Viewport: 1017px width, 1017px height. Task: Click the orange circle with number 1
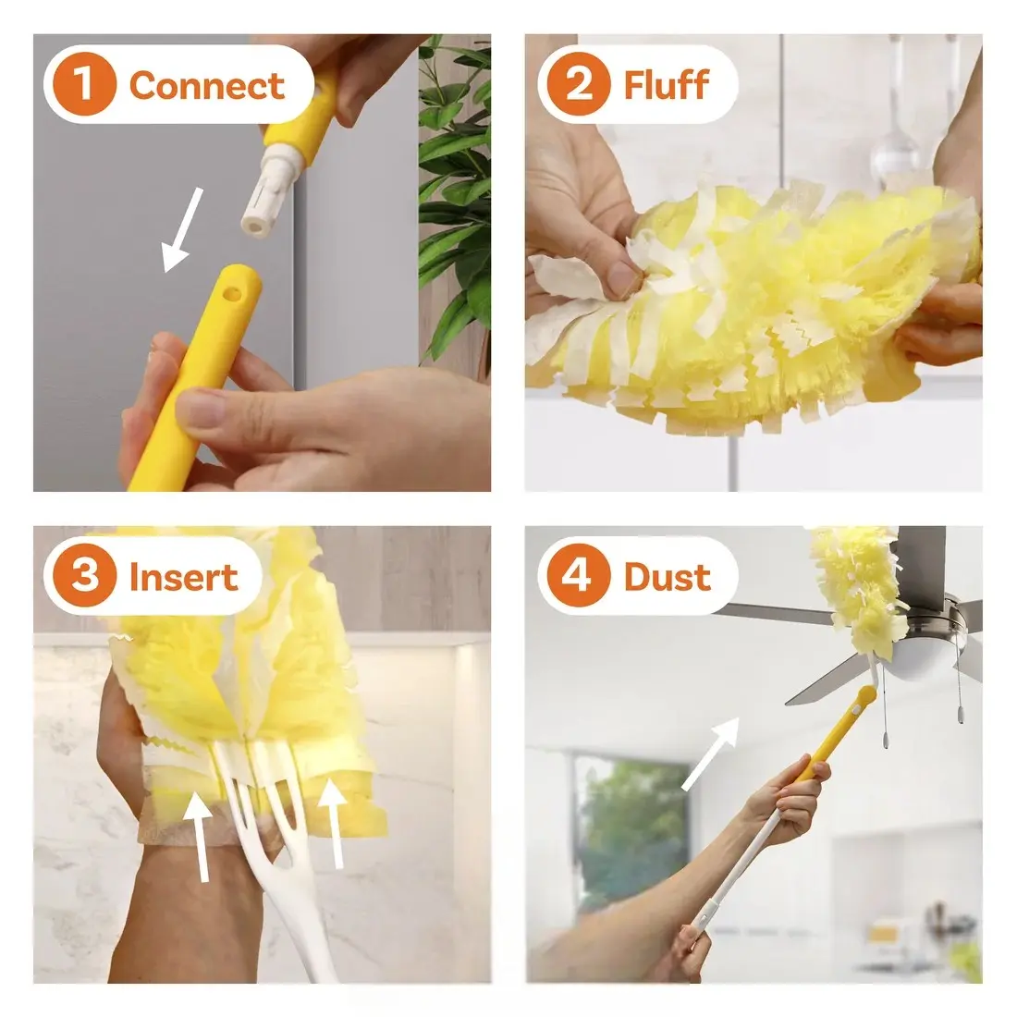pos(84,84)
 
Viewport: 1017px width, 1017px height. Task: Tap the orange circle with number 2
pos(579,84)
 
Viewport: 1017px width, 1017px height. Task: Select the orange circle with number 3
pos(84,576)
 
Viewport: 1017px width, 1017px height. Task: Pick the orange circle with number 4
pos(579,576)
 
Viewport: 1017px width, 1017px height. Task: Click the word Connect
pos(207,86)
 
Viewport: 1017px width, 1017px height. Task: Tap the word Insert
pos(184,577)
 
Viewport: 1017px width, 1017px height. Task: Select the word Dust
pos(668,577)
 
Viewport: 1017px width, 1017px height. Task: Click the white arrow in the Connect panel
pos(181,230)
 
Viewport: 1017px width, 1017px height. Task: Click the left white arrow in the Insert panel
pos(201,838)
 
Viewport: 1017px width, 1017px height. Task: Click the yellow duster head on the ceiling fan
pos(854,583)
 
